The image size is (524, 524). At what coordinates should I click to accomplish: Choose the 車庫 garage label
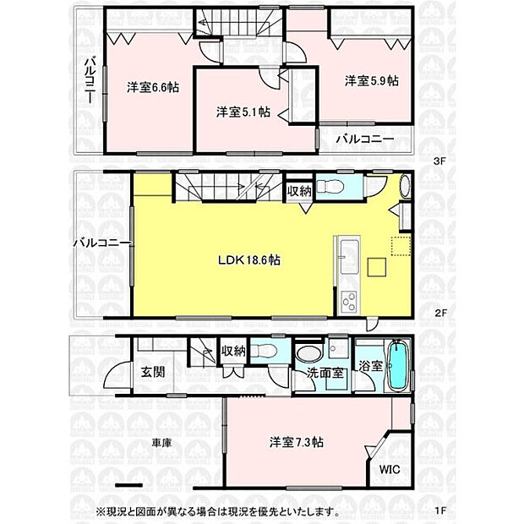(163, 442)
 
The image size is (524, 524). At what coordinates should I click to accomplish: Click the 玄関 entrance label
(152, 372)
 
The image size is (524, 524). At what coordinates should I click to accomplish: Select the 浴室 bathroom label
(371, 367)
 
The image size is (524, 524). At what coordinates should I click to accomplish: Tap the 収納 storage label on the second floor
(299, 191)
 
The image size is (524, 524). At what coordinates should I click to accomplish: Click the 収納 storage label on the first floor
(233, 350)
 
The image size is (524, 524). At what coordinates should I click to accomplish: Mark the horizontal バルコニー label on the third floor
(365, 139)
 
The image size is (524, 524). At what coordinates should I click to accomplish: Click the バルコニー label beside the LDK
(101, 243)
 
